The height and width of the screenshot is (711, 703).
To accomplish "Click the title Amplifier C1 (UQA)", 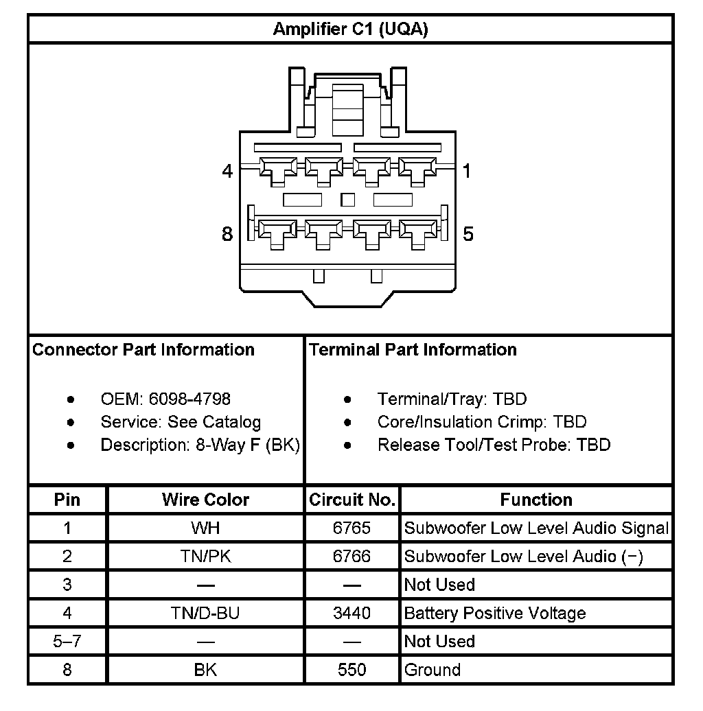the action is click(350, 30).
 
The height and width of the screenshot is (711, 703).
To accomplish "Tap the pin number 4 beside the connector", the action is click(227, 171).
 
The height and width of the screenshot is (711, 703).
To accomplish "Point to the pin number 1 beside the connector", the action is click(467, 171).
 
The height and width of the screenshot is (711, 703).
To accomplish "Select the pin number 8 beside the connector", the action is click(227, 234).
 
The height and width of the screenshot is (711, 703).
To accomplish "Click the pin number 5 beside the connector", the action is click(468, 234).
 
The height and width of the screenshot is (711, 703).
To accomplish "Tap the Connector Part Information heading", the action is click(143, 350).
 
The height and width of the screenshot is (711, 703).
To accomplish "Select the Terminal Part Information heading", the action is click(413, 350).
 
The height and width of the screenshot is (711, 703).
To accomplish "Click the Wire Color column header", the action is click(205, 500).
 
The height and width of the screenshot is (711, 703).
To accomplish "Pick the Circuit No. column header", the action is click(352, 500).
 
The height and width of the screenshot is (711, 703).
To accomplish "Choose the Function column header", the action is click(536, 500).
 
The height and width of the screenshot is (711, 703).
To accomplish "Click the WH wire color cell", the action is click(205, 528).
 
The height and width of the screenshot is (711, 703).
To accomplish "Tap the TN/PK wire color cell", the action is click(205, 557).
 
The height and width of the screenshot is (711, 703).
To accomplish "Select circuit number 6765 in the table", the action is click(351, 528).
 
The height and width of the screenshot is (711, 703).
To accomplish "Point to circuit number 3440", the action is click(351, 613).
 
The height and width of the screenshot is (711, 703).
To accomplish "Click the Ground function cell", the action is click(433, 670).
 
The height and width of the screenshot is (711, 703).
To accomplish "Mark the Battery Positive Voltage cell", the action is click(495, 613).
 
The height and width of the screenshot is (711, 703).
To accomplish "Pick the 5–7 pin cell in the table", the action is click(67, 642).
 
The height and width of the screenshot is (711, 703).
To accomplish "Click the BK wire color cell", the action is click(205, 670).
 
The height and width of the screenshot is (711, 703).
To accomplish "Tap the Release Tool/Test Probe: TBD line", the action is click(494, 445).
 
